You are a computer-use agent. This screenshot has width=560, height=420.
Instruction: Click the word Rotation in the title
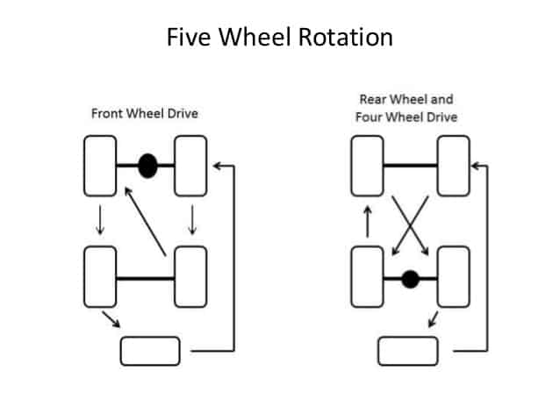click(x=338, y=38)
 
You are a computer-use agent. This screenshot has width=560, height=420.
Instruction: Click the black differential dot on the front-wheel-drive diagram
click(x=147, y=166)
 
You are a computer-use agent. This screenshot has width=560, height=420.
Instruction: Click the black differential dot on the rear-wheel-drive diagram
click(x=409, y=280)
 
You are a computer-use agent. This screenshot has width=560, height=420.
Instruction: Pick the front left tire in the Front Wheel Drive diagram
click(x=100, y=166)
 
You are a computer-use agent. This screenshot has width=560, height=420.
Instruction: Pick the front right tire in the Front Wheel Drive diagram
click(x=190, y=166)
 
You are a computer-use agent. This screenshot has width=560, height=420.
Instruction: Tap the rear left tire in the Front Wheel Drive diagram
click(x=100, y=277)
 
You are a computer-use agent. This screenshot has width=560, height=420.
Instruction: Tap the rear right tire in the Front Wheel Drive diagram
click(x=190, y=277)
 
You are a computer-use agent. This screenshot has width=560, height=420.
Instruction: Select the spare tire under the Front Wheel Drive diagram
click(x=150, y=351)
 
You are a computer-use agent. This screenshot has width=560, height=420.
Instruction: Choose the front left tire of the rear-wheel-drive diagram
click(x=367, y=166)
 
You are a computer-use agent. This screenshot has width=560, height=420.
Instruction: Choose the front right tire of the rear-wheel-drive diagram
click(x=453, y=166)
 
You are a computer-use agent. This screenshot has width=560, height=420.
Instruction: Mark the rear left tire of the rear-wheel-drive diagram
click(x=367, y=278)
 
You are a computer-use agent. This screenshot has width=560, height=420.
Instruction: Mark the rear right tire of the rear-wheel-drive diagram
click(x=453, y=278)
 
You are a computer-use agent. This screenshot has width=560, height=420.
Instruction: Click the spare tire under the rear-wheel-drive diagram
click(x=407, y=351)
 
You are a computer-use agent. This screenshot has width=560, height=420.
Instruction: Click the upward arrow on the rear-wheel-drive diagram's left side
click(x=368, y=223)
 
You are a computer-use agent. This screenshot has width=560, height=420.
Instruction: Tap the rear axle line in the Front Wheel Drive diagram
click(x=145, y=278)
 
